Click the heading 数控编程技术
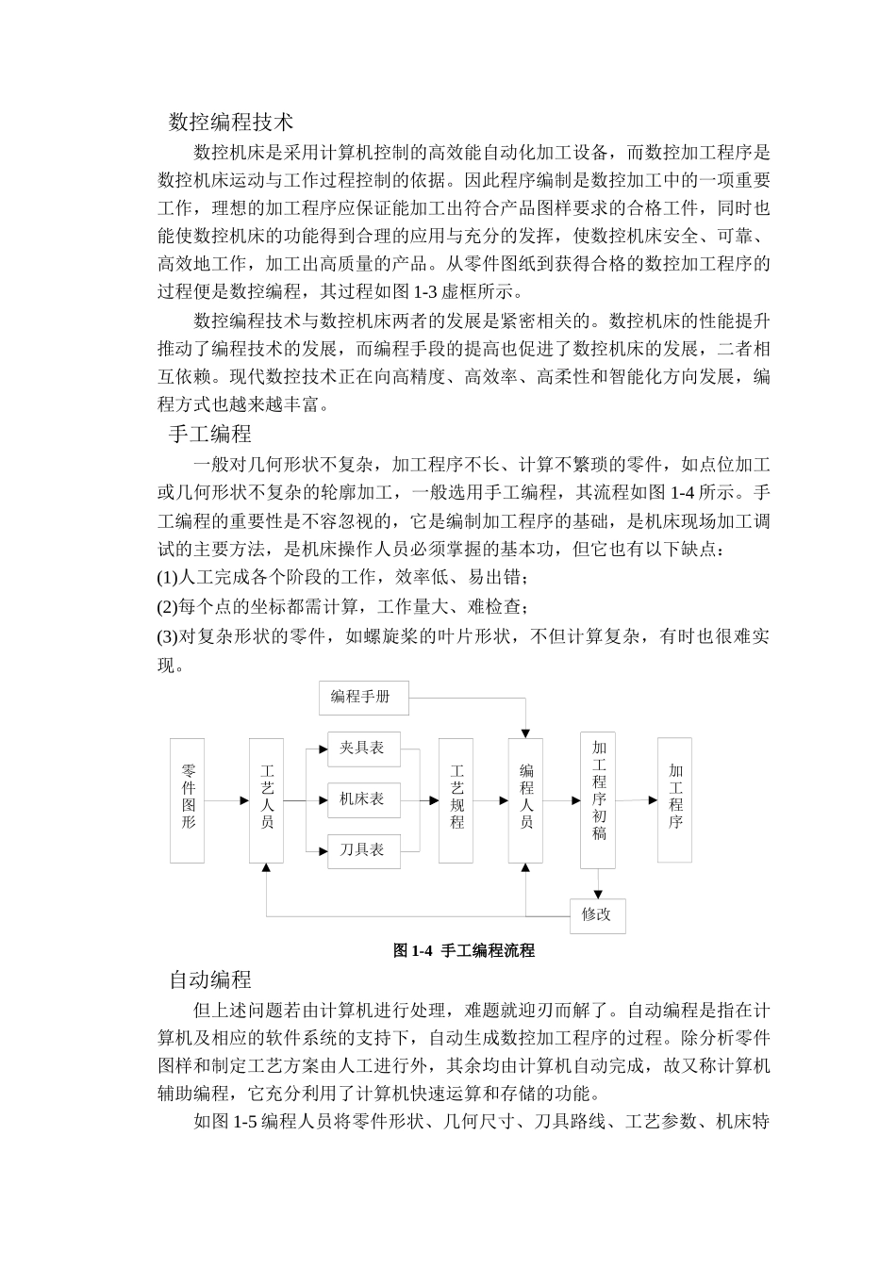click(231, 122)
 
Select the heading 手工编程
click(210, 434)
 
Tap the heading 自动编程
click(210, 979)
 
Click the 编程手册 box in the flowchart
click(359, 697)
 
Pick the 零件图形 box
click(188, 799)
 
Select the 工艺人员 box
click(267, 799)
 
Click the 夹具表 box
click(363, 749)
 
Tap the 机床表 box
click(363, 799)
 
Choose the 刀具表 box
click(363, 850)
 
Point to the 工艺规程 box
click(456, 799)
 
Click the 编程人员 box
click(525, 799)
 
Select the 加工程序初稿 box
click(598, 799)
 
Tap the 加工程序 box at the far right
click(675, 799)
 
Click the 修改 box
click(597, 915)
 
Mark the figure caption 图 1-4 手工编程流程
click(464, 951)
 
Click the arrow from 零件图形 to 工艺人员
click(226, 800)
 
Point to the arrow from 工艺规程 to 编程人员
click(490, 800)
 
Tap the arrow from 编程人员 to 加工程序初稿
click(561, 800)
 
